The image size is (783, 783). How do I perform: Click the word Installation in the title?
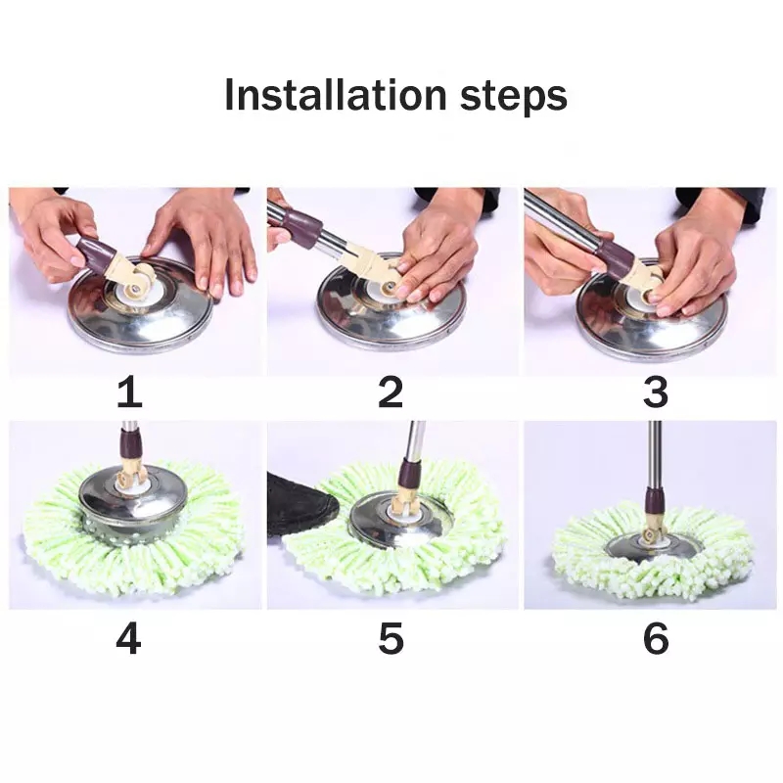(335, 96)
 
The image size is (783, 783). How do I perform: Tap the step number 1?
(129, 392)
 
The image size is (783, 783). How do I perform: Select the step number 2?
(391, 392)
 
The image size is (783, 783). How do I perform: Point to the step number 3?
(655, 392)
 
